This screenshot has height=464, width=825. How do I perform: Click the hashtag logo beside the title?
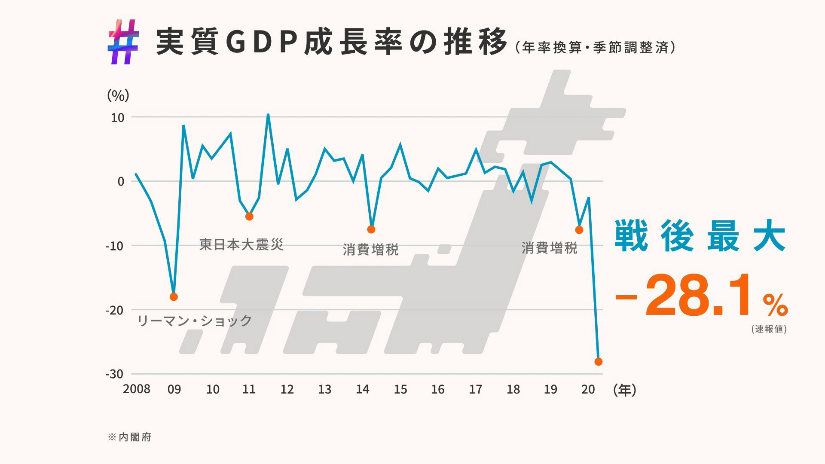123,42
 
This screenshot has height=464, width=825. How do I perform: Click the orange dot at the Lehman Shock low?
174,297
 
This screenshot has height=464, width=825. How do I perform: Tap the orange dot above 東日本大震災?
249,217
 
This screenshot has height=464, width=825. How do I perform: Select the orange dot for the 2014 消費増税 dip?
371,229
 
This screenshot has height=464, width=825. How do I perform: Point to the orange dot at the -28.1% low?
599,362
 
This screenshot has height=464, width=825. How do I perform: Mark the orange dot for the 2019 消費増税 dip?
579,230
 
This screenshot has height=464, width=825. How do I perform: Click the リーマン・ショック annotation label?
194,321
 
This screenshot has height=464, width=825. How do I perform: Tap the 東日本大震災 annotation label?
241,245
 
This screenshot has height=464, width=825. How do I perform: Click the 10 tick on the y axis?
117,117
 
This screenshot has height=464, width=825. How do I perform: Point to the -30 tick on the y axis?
114,374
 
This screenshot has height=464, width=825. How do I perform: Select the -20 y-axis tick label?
114,310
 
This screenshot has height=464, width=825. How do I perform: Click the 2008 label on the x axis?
137,389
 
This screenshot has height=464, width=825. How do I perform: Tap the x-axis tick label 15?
400,389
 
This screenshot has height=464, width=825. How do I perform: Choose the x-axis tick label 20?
588,389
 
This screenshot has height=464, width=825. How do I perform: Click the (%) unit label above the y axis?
118,95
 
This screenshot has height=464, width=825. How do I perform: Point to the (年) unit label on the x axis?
625,390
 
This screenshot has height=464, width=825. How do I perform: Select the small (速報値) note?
769,330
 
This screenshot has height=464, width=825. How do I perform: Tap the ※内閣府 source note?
129,437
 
